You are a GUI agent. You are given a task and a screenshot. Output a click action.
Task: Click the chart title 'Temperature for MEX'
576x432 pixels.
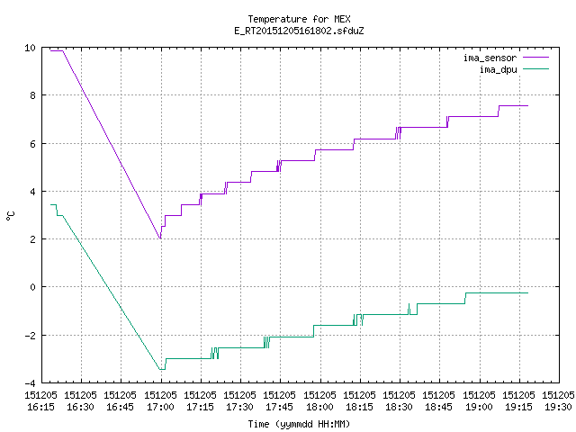(x=299, y=19)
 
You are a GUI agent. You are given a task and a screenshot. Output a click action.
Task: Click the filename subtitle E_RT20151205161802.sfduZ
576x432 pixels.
(x=299, y=31)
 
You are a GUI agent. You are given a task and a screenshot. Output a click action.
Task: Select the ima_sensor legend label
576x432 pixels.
(x=490, y=58)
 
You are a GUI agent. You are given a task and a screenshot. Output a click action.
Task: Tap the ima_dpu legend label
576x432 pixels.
(x=498, y=69)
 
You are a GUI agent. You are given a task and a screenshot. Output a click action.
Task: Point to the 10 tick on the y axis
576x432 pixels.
(x=30, y=48)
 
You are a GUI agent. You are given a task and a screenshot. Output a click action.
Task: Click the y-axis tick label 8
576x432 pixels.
(x=33, y=95)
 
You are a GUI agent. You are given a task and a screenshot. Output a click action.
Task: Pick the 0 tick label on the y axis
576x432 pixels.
(x=33, y=287)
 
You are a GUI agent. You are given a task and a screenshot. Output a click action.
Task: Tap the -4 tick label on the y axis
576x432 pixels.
(x=30, y=383)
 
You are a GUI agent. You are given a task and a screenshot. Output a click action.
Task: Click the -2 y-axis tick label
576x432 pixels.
(x=30, y=336)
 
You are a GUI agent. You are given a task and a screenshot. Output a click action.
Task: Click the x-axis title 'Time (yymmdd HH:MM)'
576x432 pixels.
(x=299, y=424)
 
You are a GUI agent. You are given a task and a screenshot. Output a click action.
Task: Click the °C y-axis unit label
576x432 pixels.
(x=11, y=216)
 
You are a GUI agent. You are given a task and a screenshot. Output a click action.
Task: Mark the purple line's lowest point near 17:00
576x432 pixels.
(x=160, y=238)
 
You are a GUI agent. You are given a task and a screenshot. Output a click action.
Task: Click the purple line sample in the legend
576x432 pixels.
(x=535, y=58)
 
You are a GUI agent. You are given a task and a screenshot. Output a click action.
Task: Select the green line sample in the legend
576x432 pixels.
(x=535, y=69)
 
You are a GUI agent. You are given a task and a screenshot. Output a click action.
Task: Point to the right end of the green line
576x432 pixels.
(x=528, y=292)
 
